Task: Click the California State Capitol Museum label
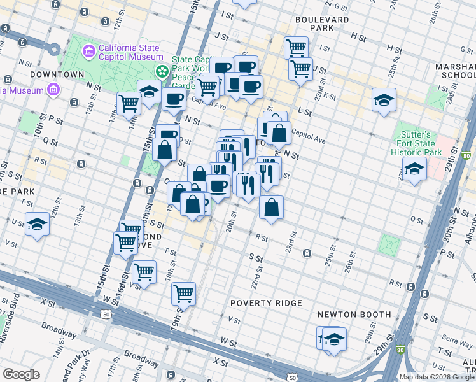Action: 130,51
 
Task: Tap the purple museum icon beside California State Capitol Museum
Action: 88,50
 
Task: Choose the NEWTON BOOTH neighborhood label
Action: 354,315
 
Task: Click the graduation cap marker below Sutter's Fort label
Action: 414,169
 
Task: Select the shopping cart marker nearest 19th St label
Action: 183,293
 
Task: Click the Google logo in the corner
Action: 20,374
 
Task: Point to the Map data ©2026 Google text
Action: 437,377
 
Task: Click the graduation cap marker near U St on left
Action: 37,224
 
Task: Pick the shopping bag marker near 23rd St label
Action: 271,208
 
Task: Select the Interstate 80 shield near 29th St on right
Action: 467,155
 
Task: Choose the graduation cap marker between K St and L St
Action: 384,100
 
